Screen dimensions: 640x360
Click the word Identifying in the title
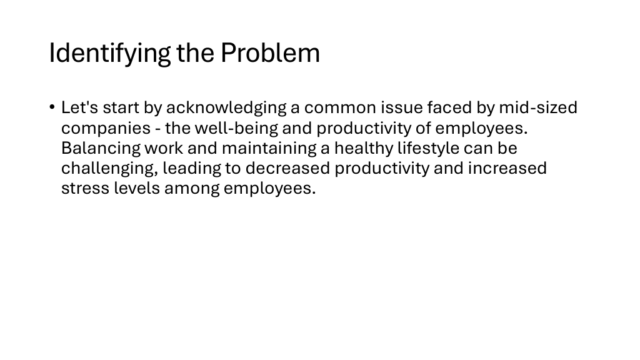click(x=109, y=54)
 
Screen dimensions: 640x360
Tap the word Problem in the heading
click(x=270, y=52)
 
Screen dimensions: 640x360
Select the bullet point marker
click(x=52, y=107)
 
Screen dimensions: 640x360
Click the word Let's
click(x=79, y=107)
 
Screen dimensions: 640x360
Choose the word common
click(x=340, y=108)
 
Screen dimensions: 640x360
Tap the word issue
click(x=402, y=107)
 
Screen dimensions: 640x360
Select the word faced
click(x=450, y=107)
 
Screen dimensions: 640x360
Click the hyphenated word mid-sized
click(x=538, y=107)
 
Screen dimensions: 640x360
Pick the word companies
click(x=106, y=129)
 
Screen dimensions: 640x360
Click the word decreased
click(x=287, y=168)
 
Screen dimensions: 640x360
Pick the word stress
click(x=85, y=189)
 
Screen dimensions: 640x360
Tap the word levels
click(x=137, y=188)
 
